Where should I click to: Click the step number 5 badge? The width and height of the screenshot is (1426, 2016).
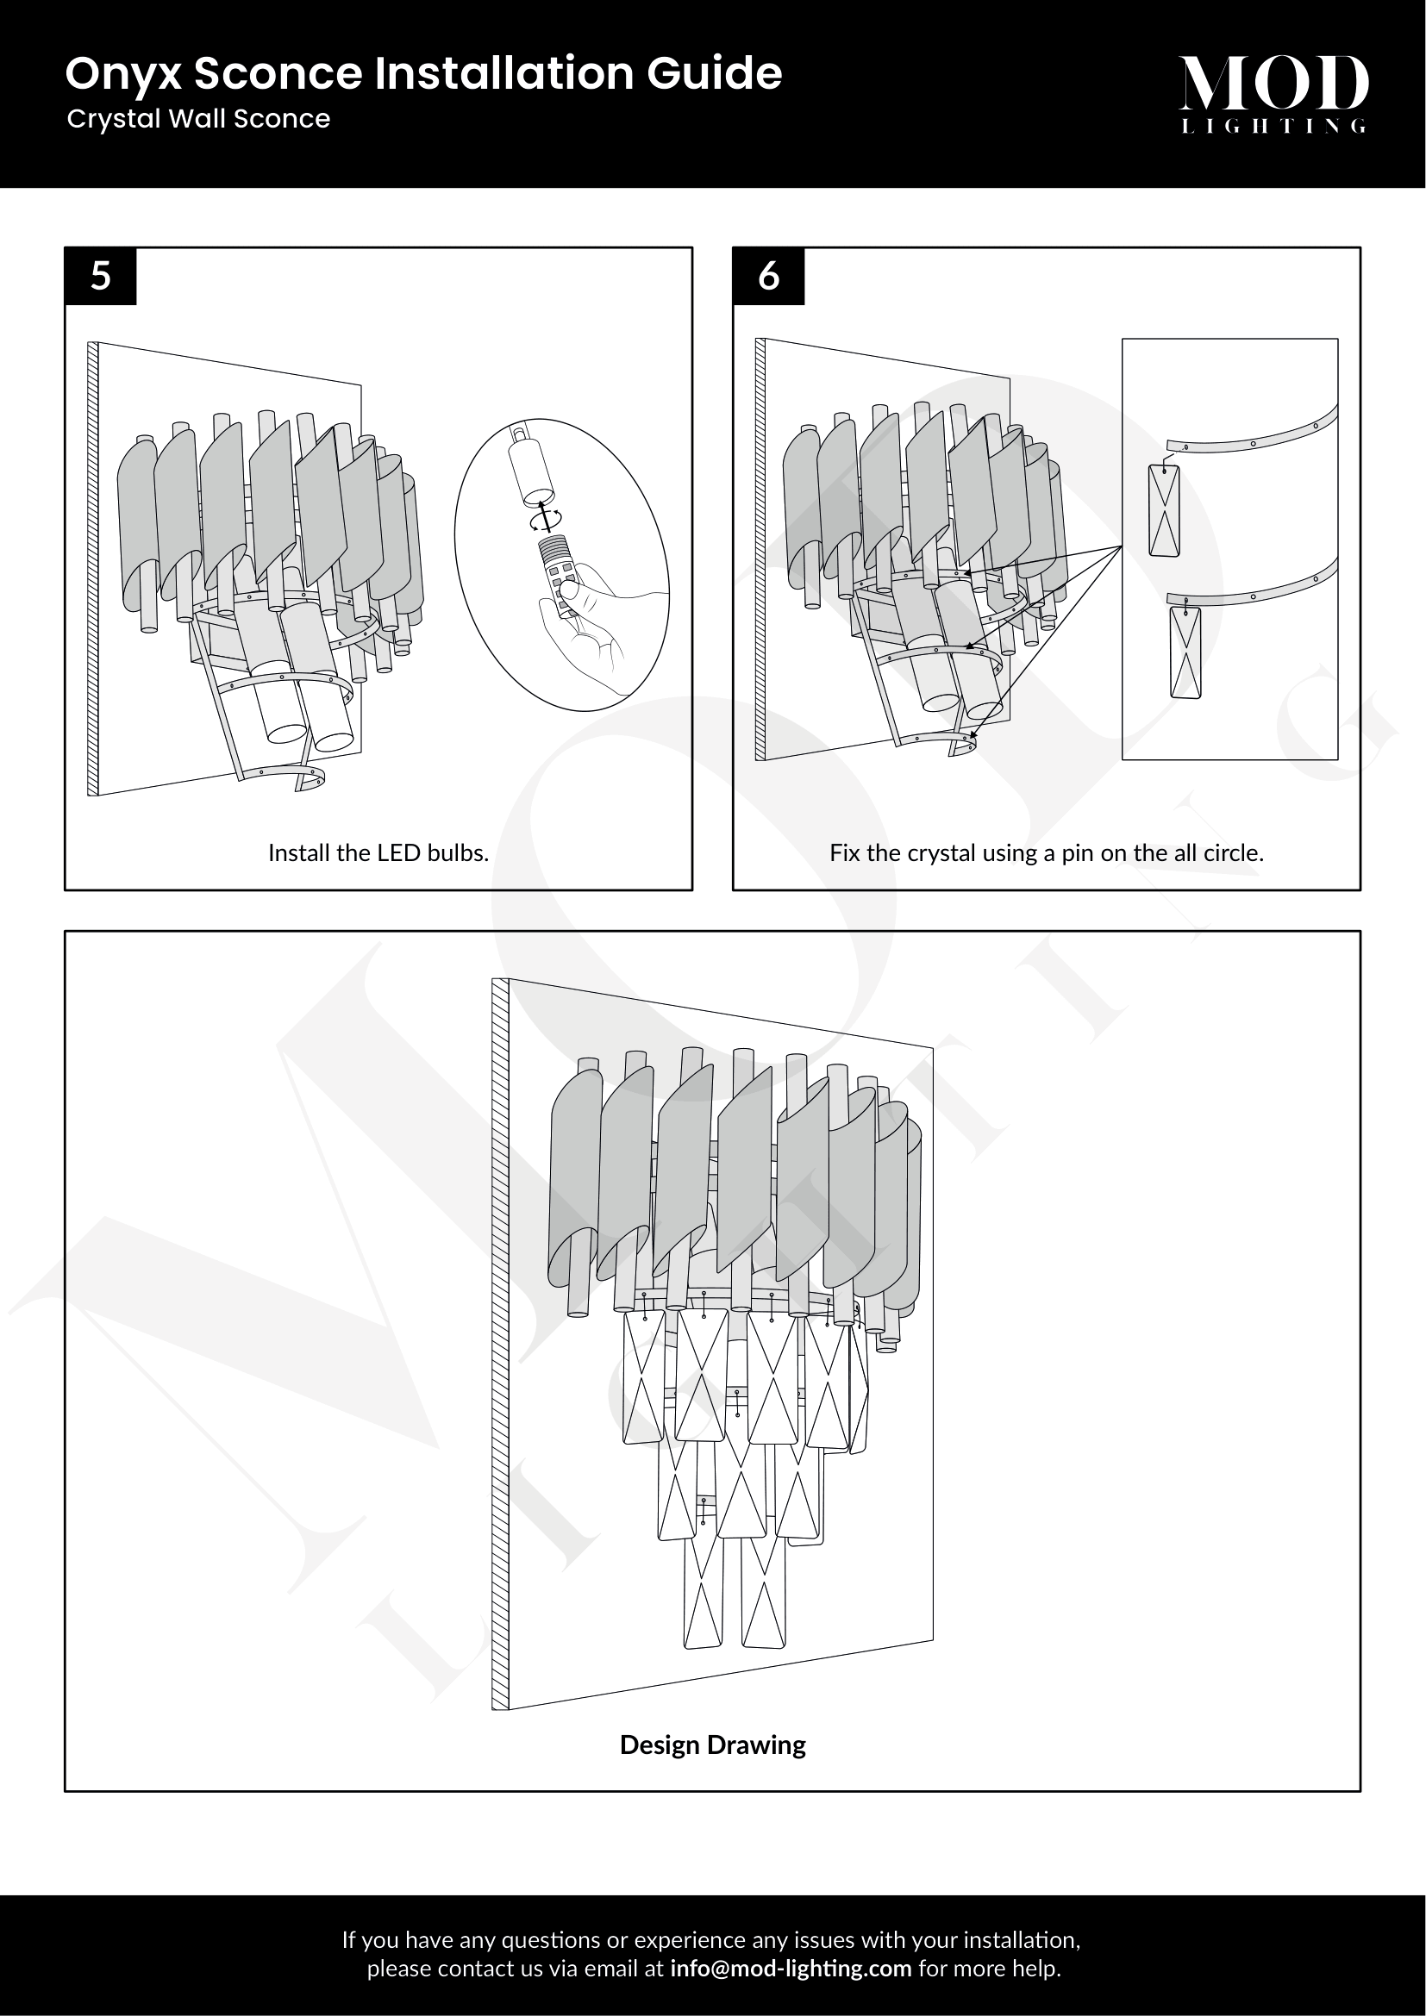coord(101,277)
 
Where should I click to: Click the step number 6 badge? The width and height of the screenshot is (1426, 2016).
coord(768,277)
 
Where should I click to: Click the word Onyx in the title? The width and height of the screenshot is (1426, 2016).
coord(124,76)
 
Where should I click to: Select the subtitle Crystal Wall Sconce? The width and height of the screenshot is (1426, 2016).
coord(198,120)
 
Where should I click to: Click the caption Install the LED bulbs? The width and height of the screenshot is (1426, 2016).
coord(378,852)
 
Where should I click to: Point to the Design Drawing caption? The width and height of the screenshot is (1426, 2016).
coord(712,1744)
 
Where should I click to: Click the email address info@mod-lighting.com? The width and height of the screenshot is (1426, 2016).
coord(791,1969)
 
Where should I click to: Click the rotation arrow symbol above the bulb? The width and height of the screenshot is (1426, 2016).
coord(544,519)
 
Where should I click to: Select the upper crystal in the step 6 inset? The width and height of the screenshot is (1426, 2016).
coord(1164,510)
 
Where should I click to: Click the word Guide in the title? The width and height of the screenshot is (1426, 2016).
coord(714,74)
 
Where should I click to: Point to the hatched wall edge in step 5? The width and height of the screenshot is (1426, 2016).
coord(93,569)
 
